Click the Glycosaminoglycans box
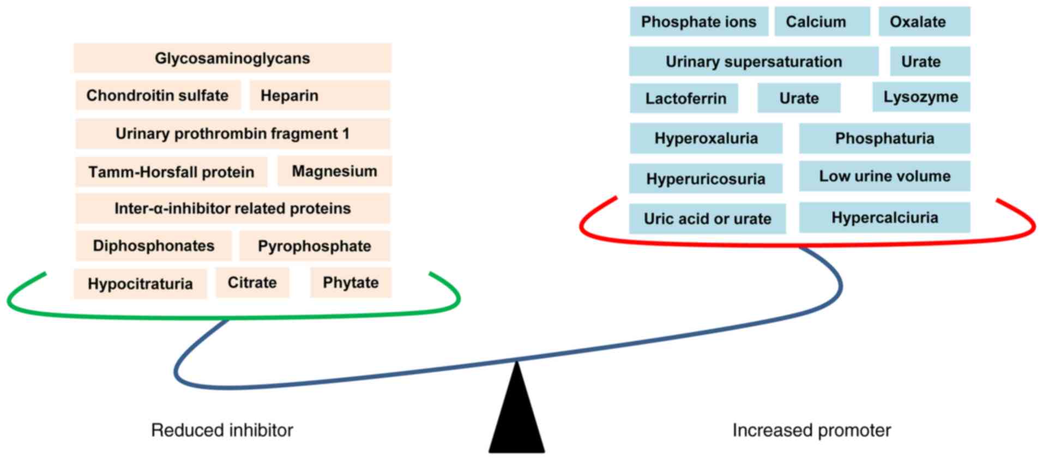click(x=232, y=58)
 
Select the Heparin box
click(x=319, y=95)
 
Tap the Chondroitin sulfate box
click(x=158, y=95)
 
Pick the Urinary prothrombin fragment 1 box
click(x=232, y=134)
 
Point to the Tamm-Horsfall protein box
click(x=171, y=172)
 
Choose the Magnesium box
click(x=334, y=171)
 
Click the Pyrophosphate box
click(x=315, y=246)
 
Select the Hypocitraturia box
click(x=140, y=284)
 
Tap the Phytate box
click(x=351, y=282)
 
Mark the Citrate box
click(x=252, y=282)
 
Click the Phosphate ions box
click(x=698, y=22)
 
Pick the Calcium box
click(x=822, y=22)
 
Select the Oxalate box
click(x=924, y=22)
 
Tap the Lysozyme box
click(x=921, y=97)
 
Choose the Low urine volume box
click(x=884, y=176)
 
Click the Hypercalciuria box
click(x=884, y=218)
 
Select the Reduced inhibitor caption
click(x=222, y=431)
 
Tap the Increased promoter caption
click(x=811, y=431)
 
